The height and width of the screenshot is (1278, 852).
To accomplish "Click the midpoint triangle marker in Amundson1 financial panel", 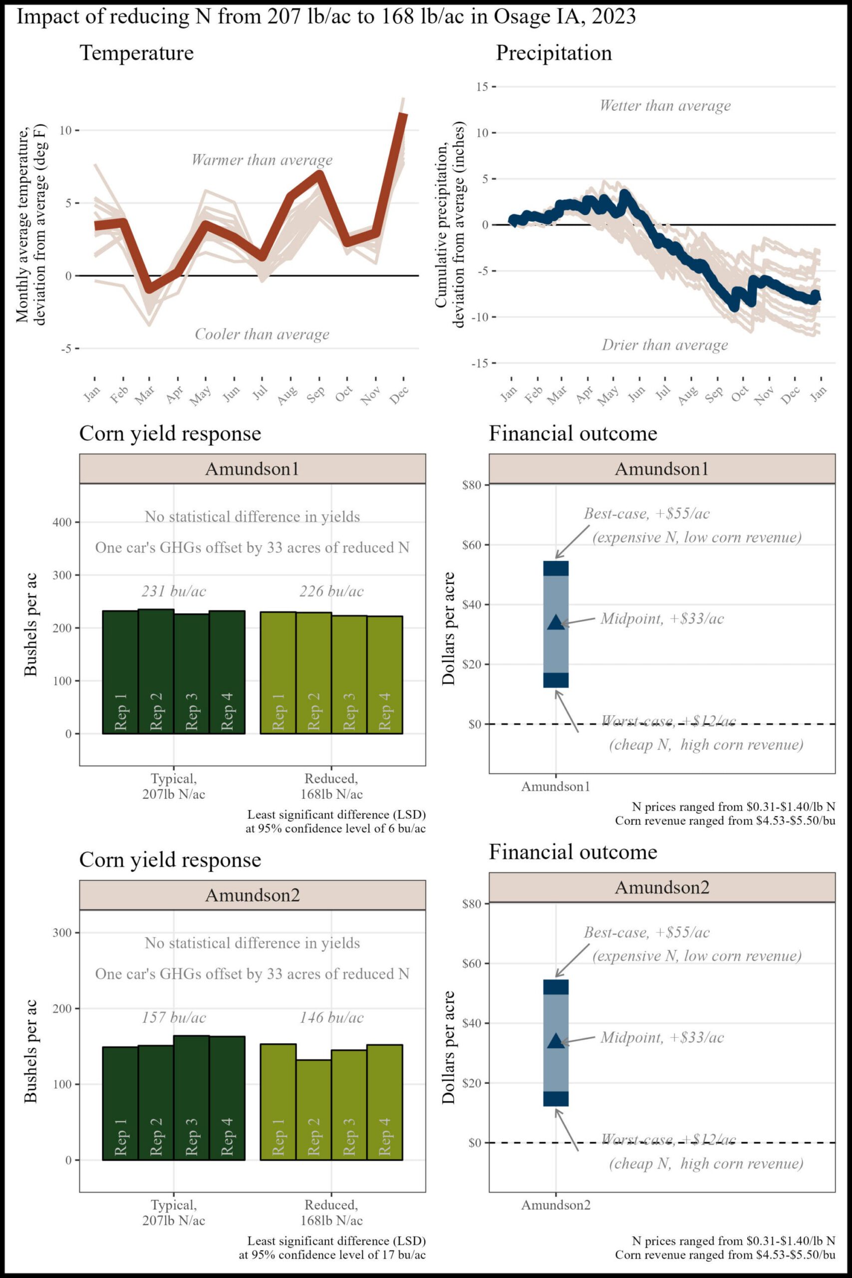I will coord(556,623).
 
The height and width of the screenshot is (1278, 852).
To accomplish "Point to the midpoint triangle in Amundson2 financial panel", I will coord(556,1041).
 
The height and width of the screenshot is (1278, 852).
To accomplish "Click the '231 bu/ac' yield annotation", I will coord(174,591).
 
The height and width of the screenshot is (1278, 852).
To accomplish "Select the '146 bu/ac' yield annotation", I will coord(331,1018).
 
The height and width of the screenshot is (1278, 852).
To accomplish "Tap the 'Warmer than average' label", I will coord(262,160).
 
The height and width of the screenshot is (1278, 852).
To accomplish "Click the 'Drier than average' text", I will coord(664,345).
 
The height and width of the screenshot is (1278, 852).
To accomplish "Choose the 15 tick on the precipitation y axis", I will coord(482,87).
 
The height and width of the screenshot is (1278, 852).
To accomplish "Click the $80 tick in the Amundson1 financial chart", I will coord(471,485).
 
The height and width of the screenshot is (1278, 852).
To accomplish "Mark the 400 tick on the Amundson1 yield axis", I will coord(62,523).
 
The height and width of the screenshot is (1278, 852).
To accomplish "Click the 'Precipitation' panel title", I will coord(554,53).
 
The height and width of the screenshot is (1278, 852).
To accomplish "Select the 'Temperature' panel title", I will coord(136,53).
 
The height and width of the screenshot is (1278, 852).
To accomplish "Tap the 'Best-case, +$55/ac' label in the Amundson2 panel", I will coord(646,933).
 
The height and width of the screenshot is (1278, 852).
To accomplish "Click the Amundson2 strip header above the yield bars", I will coord(252,895).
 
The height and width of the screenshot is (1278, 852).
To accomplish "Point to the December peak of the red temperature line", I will coord(403,115).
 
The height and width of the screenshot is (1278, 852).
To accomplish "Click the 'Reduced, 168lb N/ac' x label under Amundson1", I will coord(331,786).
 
